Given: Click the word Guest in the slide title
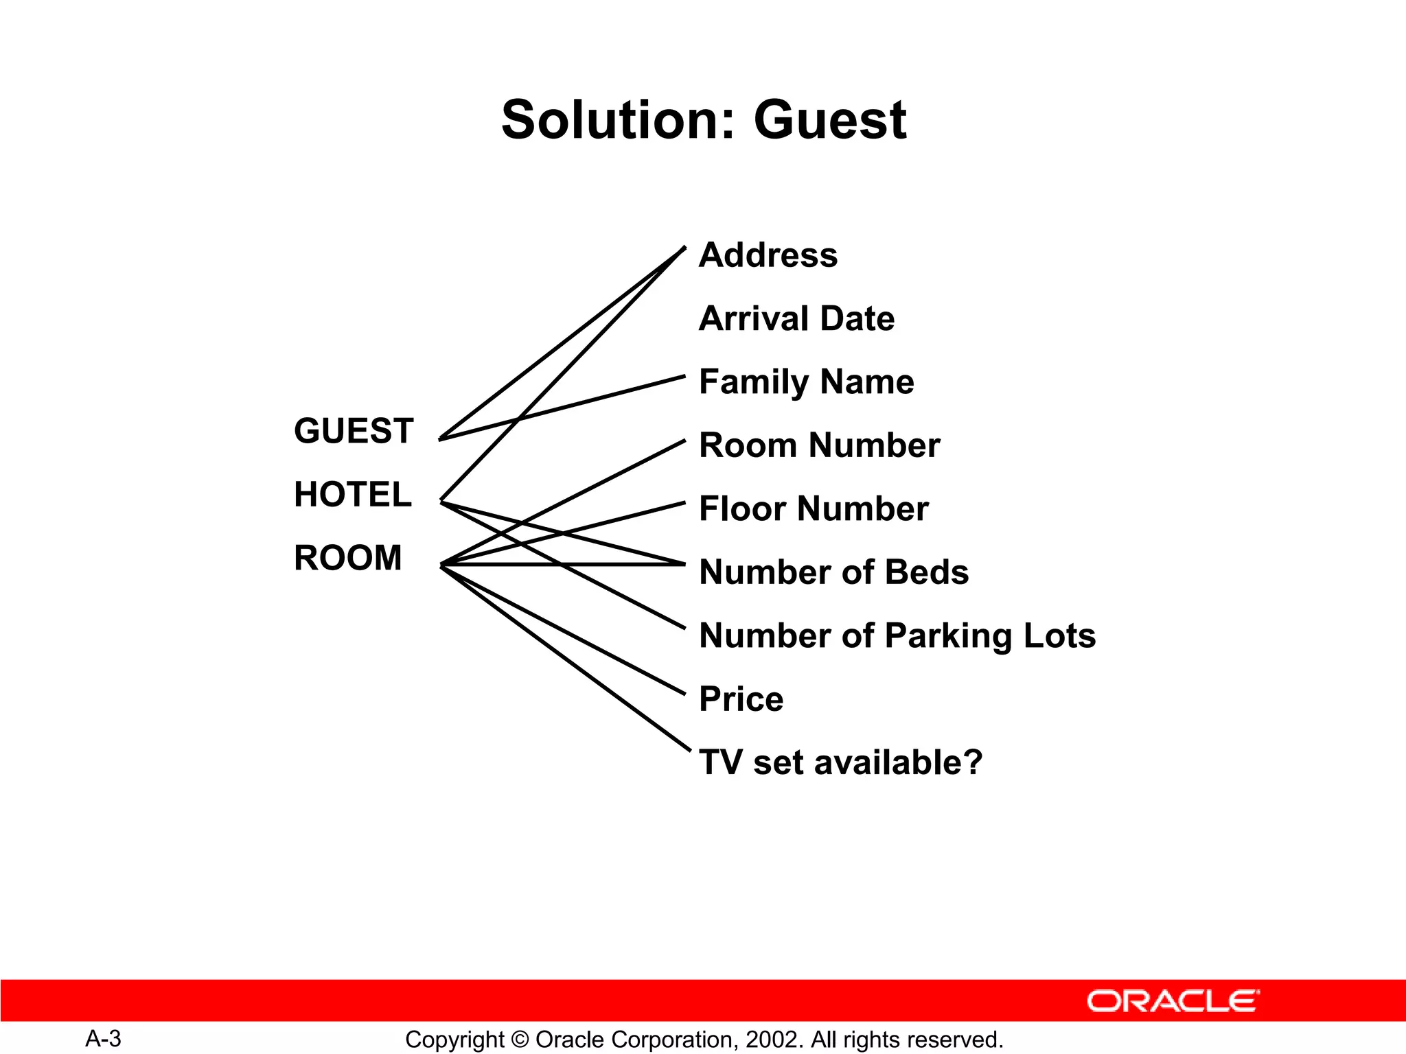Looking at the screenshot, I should click(x=830, y=120).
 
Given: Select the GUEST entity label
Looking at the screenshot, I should click(x=354, y=431).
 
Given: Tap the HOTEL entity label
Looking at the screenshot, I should click(x=353, y=494).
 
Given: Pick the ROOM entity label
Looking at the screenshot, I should click(x=348, y=557).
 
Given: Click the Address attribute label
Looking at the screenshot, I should click(x=768, y=255).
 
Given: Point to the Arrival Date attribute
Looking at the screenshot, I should click(x=796, y=318).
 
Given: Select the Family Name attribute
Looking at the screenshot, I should click(x=806, y=382).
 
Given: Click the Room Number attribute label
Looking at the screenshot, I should click(x=819, y=445).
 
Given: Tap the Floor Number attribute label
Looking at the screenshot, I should click(x=814, y=508).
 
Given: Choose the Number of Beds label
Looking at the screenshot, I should click(x=833, y=572).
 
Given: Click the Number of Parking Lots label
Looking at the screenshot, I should click(x=897, y=635).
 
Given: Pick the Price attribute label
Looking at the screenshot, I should click(x=741, y=699).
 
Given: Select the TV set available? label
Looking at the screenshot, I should click(x=840, y=762).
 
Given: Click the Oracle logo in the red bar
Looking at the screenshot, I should click(x=1173, y=1001).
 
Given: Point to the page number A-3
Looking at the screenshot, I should click(x=103, y=1039).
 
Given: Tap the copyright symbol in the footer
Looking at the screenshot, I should click(x=520, y=1040).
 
